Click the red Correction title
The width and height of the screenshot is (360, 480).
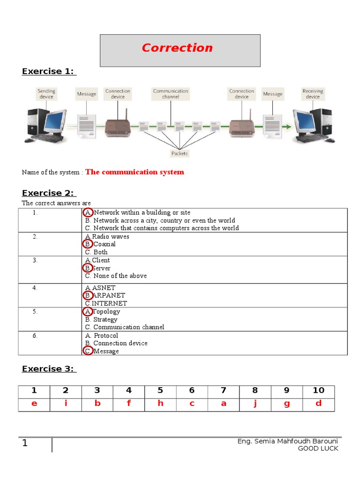[177, 48]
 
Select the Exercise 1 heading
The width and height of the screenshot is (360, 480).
[49, 71]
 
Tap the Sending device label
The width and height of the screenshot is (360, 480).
[46, 94]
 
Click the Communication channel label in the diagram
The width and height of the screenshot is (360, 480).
[171, 94]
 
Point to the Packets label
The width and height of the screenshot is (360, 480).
[180, 153]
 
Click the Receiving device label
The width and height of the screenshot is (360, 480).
[313, 94]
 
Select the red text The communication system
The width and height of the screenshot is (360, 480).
[135, 172]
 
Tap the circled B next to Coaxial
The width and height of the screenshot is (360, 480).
[88, 244]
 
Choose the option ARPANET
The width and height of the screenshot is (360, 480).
[109, 295]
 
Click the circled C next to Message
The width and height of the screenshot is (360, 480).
[88, 351]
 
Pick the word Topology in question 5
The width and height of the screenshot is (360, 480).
[106, 311]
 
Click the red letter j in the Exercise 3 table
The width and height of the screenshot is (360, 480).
[255, 403]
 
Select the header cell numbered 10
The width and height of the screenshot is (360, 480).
[318, 390]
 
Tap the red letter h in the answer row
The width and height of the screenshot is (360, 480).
[160, 403]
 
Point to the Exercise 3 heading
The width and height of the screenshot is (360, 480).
[49, 369]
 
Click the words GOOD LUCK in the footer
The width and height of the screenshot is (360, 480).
[318, 449]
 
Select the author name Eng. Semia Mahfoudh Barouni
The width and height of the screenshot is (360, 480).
[287, 442]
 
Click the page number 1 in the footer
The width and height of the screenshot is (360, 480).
[25, 443]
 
